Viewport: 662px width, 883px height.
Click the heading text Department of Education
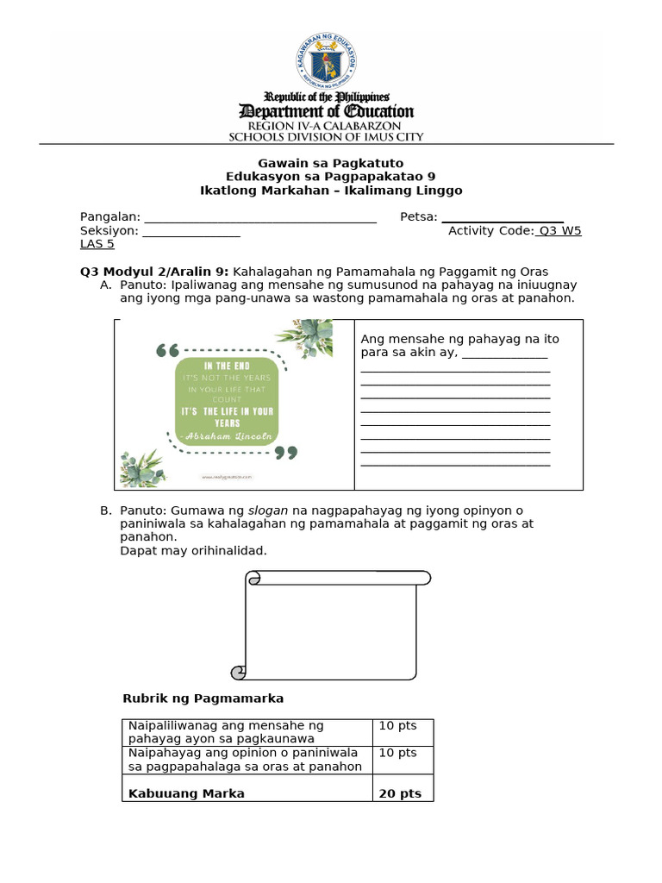[326, 112]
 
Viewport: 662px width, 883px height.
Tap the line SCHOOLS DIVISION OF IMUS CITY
[326, 136]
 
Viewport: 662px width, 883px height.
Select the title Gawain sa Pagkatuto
[331, 163]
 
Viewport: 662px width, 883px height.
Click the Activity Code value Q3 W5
[559, 230]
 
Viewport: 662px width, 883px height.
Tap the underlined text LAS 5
[97, 244]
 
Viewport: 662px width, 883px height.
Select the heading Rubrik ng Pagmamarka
[203, 698]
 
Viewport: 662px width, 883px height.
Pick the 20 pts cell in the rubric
[400, 793]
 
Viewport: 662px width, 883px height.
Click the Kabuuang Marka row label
[186, 793]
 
